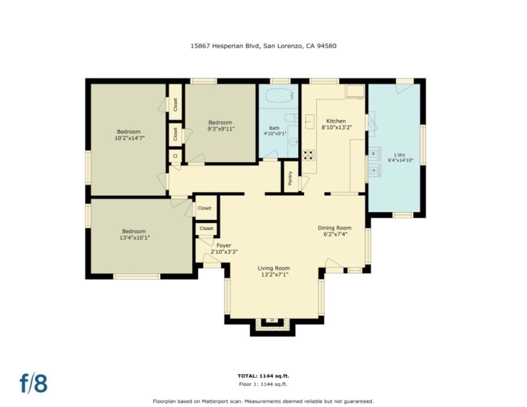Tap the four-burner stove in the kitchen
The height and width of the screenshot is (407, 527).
click(309, 155)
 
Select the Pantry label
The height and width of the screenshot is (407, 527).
click(291, 178)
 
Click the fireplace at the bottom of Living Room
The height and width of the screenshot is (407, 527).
click(273, 323)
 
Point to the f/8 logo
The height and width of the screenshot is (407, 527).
click(33, 383)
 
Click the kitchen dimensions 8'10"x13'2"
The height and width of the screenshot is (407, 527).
click(337, 128)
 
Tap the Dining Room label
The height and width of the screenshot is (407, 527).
click(335, 228)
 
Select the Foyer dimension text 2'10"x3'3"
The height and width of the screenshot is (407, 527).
click(224, 252)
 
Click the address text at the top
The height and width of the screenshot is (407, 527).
click(263, 46)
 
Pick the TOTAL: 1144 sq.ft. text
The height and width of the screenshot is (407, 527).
click(263, 376)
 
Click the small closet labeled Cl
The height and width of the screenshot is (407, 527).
click(175, 156)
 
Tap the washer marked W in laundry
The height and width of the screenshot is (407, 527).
click(375, 154)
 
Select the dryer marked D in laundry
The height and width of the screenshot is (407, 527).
click(375, 170)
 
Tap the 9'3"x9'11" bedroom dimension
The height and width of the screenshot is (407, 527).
click(221, 129)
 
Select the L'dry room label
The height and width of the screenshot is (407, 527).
click(399, 155)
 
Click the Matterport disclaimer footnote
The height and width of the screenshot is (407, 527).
click(263, 401)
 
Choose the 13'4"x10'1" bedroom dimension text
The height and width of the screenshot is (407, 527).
click(134, 238)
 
